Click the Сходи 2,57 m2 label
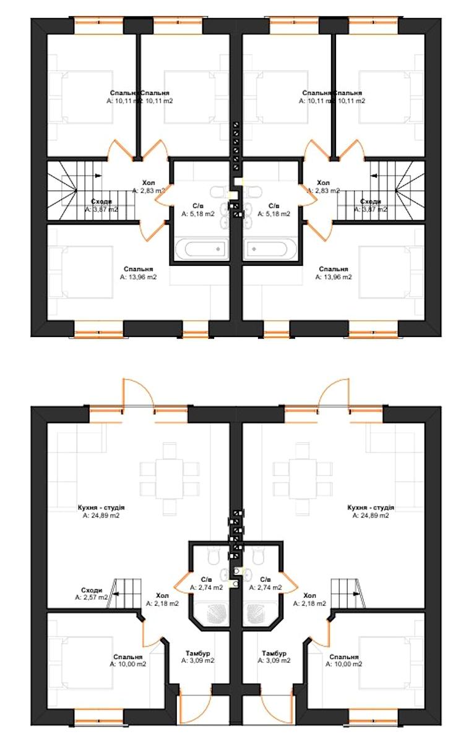pyautogui.click(x=91, y=594)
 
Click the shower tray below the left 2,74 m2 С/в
pyautogui.click(x=209, y=613)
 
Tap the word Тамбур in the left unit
pyautogui.click(x=198, y=653)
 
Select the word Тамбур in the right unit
pyautogui.click(x=274, y=653)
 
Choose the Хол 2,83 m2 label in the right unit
pyautogui.click(x=323, y=187)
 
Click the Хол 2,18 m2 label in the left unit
pyautogui.click(x=163, y=599)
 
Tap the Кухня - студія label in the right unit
pyautogui.click(x=371, y=511)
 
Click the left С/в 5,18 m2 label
pyautogui.click(x=198, y=210)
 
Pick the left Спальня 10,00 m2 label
pyautogui.click(x=128, y=660)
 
